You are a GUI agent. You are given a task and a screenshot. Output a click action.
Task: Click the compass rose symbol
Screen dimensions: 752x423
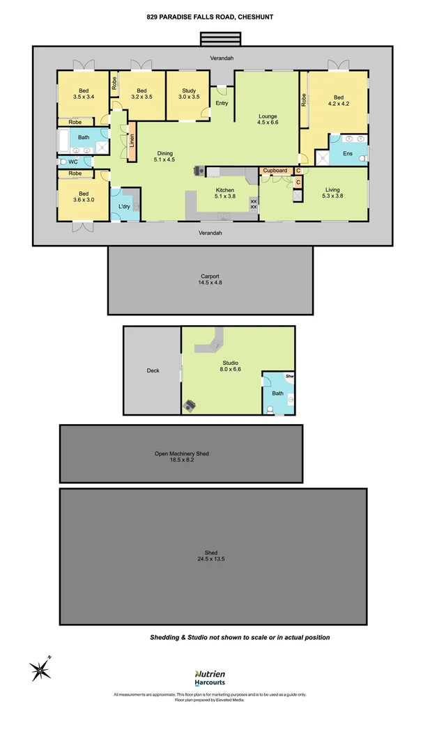[x=41, y=669]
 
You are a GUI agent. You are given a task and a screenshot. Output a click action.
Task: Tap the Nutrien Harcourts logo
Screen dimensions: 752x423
[x=209, y=678]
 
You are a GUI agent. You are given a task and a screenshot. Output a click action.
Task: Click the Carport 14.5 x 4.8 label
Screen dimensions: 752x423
[x=210, y=279]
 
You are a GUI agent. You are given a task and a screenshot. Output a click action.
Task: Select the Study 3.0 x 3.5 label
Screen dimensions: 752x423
[x=189, y=93]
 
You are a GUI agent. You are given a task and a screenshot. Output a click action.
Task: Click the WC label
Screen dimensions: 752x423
[x=72, y=162]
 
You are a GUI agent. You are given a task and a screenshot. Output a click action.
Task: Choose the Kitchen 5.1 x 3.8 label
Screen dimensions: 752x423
[x=224, y=194]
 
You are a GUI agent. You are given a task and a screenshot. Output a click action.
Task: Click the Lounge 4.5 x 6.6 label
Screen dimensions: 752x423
[x=268, y=119]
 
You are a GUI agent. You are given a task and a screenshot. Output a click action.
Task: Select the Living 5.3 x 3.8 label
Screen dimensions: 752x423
[x=332, y=193]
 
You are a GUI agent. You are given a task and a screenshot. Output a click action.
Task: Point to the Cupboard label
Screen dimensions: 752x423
[x=275, y=171]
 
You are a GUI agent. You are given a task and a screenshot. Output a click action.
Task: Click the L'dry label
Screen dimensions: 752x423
[x=124, y=207]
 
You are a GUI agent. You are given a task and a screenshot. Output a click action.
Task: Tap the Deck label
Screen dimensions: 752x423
[x=153, y=370]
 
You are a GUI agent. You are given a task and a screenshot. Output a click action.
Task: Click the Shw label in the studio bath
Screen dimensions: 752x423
[x=289, y=377]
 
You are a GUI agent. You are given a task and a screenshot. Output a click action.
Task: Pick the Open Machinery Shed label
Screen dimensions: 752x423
[x=181, y=457]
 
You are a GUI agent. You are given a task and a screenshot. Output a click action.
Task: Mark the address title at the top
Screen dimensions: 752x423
[x=211, y=17]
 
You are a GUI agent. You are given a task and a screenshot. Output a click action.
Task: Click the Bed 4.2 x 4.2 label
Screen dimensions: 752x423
[x=339, y=101]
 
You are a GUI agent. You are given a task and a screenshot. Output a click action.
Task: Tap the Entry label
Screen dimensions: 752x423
[x=222, y=103]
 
